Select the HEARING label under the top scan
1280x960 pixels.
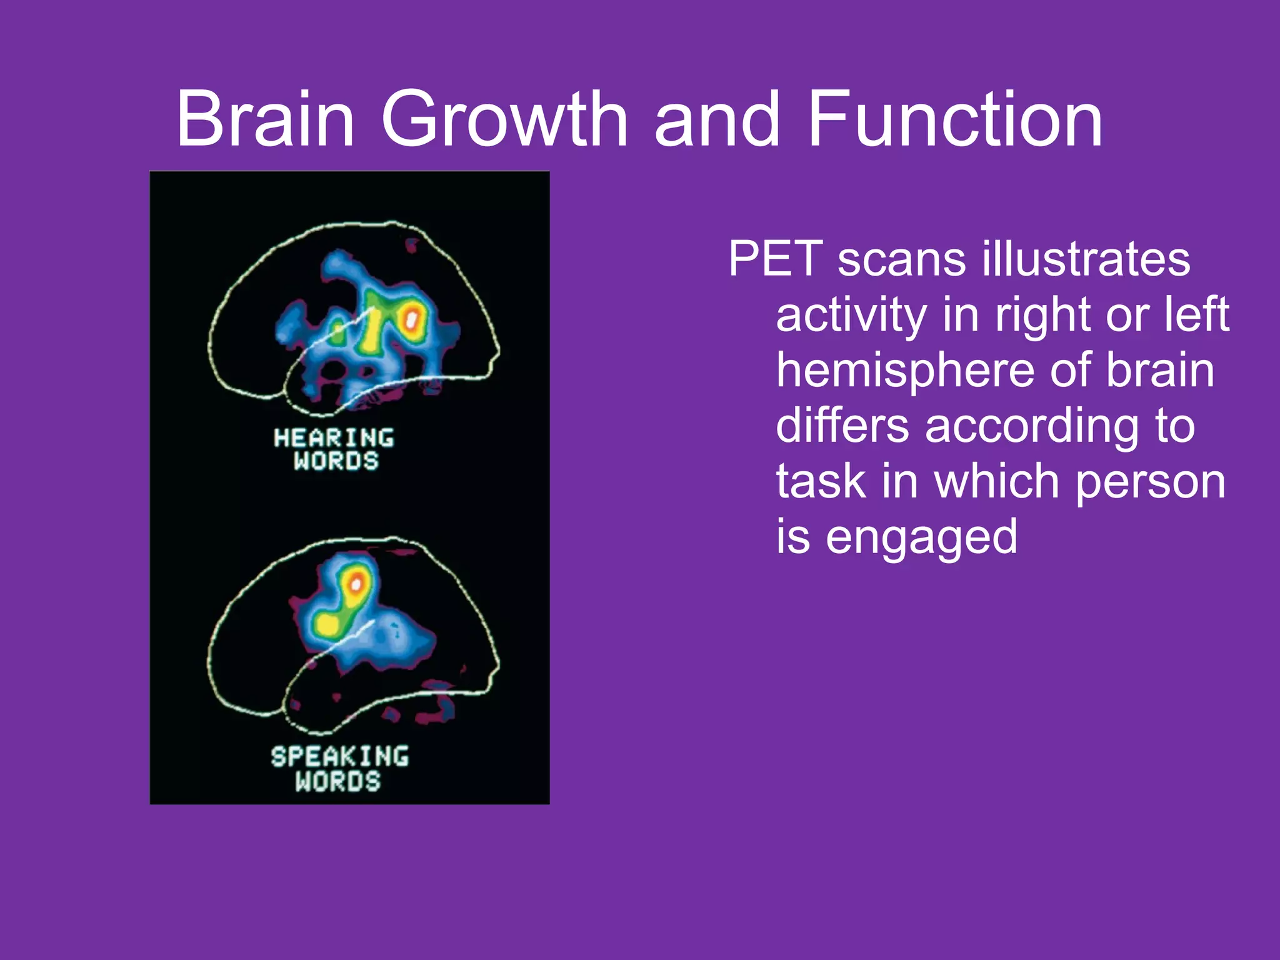334,437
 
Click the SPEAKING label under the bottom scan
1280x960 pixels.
340,756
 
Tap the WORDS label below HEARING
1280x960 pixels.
336,461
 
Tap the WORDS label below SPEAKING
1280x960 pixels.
338,781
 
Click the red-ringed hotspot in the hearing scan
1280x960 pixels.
412,319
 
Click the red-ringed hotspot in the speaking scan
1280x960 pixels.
356,584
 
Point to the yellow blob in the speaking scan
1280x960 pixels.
326,624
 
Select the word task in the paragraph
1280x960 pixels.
821,481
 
